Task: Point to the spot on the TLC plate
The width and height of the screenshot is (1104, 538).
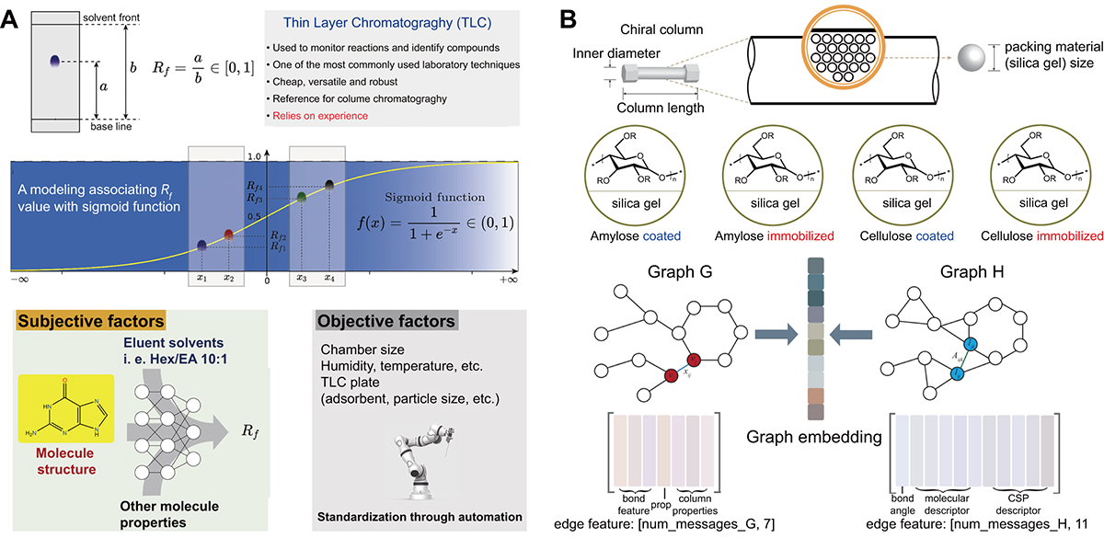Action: (x=57, y=62)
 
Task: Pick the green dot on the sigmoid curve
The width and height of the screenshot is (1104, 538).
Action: (x=301, y=197)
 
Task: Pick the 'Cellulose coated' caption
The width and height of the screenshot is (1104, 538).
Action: (x=902, y=235)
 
